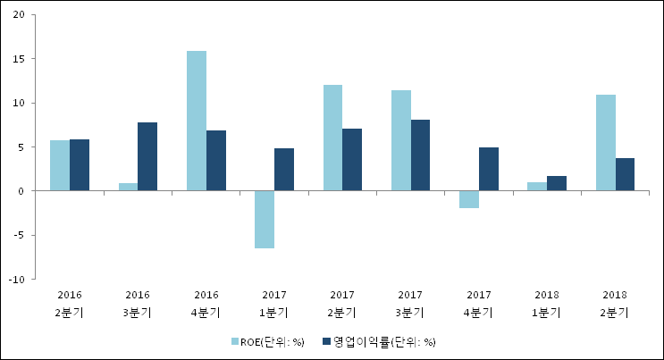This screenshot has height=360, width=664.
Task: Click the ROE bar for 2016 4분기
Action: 197,121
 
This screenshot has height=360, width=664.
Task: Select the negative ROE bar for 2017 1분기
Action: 265,219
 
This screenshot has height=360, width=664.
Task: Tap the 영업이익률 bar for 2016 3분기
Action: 147,156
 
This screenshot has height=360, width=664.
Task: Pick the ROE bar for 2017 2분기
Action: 332,138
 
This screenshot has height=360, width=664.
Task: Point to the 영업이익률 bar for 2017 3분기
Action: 421,155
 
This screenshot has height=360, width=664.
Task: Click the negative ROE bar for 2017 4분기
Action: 469,199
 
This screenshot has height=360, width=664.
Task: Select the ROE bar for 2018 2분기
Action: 605,143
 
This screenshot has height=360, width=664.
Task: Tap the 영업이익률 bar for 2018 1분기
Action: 557,183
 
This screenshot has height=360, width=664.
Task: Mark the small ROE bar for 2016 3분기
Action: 128,187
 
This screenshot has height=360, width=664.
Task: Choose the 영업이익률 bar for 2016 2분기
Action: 80,165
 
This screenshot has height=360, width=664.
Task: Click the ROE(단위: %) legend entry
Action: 268,341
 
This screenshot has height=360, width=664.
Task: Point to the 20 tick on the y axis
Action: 19,15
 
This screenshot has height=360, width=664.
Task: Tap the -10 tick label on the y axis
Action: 17,279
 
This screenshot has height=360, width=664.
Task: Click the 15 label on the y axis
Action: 19,59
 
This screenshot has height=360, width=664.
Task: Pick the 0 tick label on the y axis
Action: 21,191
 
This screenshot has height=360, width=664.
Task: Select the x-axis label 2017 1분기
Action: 274,304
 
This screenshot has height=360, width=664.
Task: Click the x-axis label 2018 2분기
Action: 615,304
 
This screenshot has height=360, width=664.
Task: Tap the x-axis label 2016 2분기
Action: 70,304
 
